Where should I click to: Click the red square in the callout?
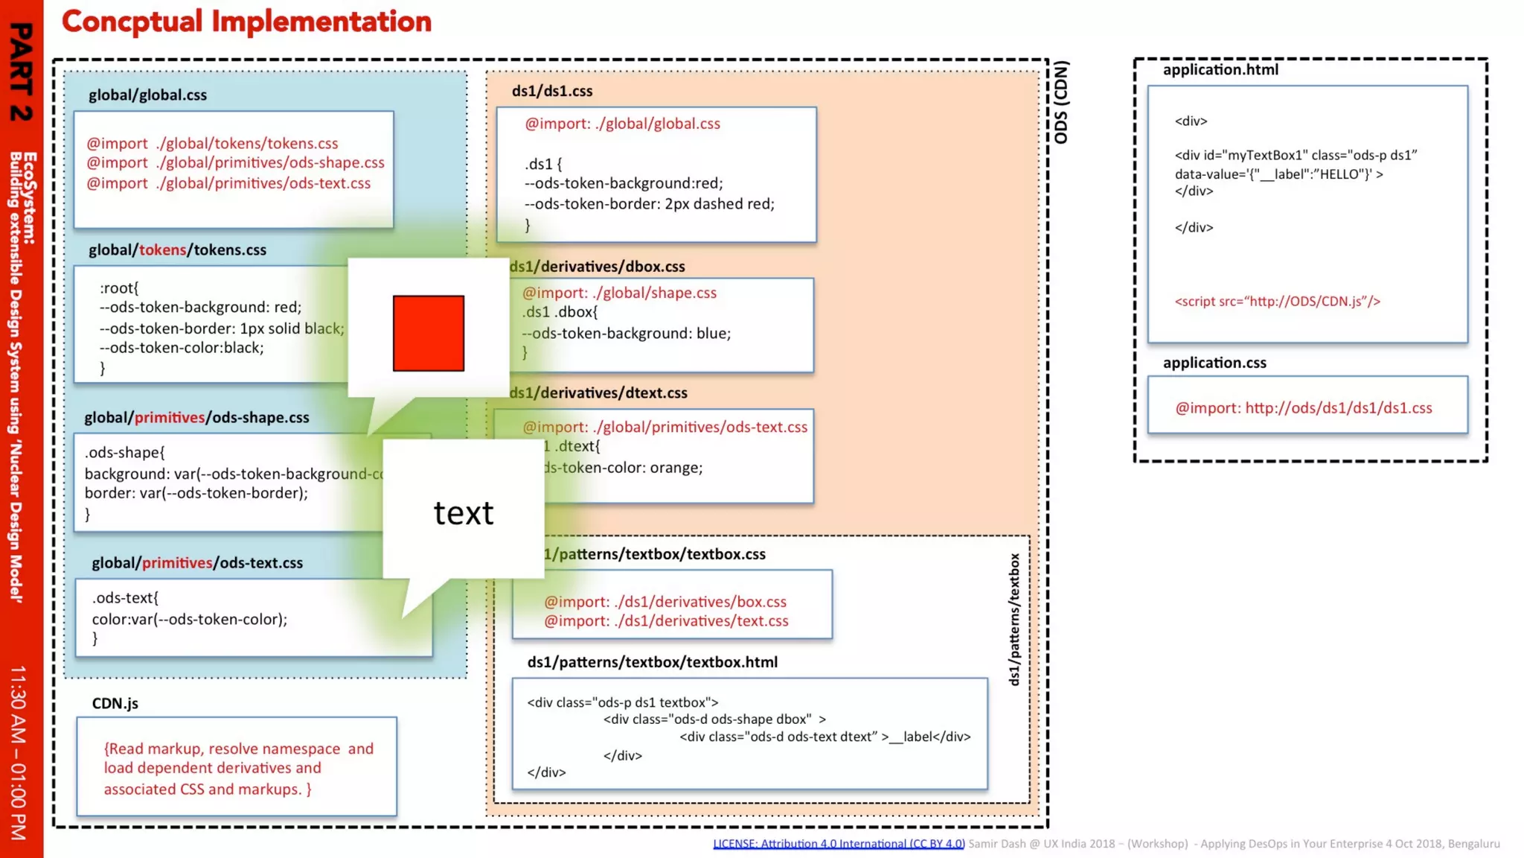tap(428, 333)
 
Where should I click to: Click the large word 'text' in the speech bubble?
tap(463, 513)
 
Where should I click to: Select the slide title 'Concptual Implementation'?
tap(246, 22)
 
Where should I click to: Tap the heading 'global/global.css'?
tap(147, 95)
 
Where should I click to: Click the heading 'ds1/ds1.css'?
tap(551, 91)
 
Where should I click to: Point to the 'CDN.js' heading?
tap(115, 704)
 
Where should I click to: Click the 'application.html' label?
tap(1220, 70)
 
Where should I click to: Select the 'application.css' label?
tap(1214, 363)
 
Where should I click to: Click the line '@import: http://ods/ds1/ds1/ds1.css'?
tap(1303, 408)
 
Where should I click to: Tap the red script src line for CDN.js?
tap(1277, 302)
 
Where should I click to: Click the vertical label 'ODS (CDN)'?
tap(1061, 102)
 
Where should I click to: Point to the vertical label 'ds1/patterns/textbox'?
tap(1014, 619)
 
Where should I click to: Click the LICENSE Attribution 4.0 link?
tap(839, 844)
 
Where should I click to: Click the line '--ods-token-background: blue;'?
tap(627, 334)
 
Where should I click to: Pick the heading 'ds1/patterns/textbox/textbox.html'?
tap(652, 662)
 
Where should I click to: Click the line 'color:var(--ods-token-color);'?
tap(189, 619)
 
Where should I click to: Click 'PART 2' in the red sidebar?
tap(22, 71)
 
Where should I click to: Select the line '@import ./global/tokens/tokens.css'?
tap(212, 143)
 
